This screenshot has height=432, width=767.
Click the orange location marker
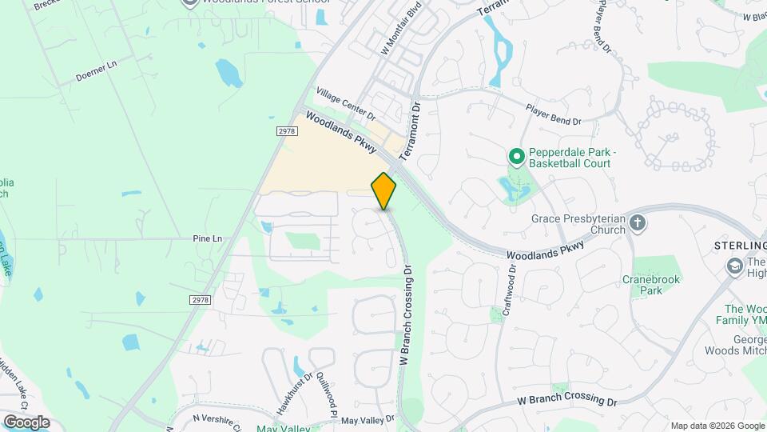click(x=384, y=190)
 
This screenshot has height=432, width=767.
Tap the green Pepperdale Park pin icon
click(x=516, y=156)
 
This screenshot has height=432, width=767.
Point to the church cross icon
click(x=638, y=222)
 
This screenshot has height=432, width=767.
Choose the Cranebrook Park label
click(x=642, y=285)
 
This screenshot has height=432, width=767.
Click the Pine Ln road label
click(x=207, y=238)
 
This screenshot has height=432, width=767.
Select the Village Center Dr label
click(x=345, y=103)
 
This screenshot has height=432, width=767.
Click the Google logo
click(x=26, y=422)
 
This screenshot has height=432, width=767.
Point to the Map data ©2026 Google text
click(x=717, y=426)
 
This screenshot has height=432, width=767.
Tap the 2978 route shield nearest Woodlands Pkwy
click(x=288, y=130)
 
